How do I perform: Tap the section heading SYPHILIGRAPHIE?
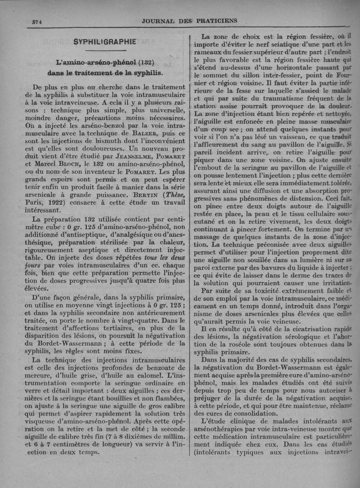point(105,42)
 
